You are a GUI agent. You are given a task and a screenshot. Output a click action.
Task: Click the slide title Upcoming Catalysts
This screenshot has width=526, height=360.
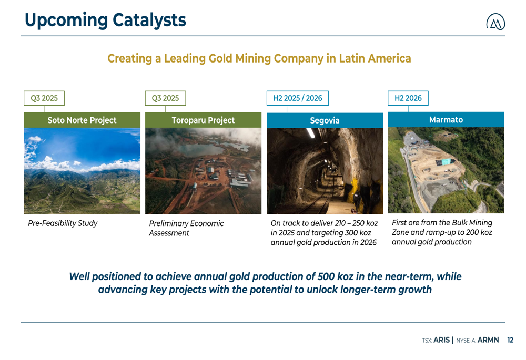point(105,20)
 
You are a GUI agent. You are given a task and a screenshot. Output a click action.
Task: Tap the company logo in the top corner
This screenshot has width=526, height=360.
point(495,22)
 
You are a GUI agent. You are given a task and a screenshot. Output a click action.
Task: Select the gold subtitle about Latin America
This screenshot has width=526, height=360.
point(259,58)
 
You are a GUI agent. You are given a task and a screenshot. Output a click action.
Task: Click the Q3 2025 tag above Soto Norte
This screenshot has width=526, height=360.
point(44,98)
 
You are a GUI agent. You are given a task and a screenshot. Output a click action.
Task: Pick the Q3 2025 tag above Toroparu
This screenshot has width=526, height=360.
point(165,98)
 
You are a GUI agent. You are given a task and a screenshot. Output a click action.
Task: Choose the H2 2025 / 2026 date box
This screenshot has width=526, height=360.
point(298,98)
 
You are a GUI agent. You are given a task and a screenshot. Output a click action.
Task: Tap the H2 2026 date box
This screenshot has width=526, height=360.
point(408,98)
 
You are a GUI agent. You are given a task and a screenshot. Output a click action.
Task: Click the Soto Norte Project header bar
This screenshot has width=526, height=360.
point(82,120)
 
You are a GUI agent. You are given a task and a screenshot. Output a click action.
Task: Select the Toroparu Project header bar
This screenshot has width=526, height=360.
point(203,120)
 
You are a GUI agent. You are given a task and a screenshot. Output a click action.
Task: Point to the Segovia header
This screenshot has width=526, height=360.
point(325,120)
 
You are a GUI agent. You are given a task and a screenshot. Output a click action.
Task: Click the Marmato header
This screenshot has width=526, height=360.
point(446,120)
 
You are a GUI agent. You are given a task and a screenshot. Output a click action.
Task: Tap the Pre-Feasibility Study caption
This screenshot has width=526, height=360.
point(63,223)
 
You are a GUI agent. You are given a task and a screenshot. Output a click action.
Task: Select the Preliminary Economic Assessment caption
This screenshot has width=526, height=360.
point(186,228)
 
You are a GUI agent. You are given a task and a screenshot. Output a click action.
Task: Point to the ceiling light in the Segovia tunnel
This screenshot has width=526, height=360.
point(311,133)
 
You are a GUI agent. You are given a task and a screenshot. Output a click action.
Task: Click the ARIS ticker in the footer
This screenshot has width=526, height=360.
point(441,340)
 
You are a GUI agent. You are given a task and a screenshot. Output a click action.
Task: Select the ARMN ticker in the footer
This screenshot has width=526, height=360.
point(488,340)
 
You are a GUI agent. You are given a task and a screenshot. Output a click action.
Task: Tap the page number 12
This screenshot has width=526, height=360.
point(510,340)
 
